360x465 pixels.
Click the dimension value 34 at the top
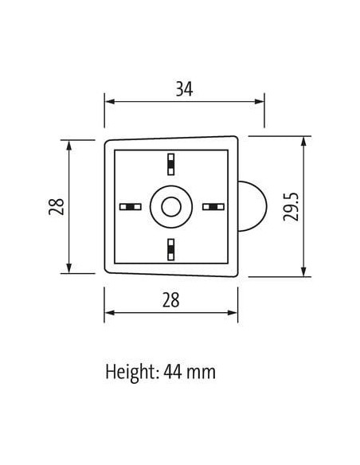click(184, 89)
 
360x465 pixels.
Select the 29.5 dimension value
click(291, 207)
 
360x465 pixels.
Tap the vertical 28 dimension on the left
click(57, 207)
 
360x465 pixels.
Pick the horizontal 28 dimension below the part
click(170, 300)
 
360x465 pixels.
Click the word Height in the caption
click(131, 373)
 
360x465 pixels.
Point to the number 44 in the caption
click(173, 372)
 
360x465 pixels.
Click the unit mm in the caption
click(201, 373)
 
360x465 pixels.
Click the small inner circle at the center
click(171, 207)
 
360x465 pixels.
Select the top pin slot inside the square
click(170, 164)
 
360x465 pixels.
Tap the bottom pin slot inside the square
click(170, 250)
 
